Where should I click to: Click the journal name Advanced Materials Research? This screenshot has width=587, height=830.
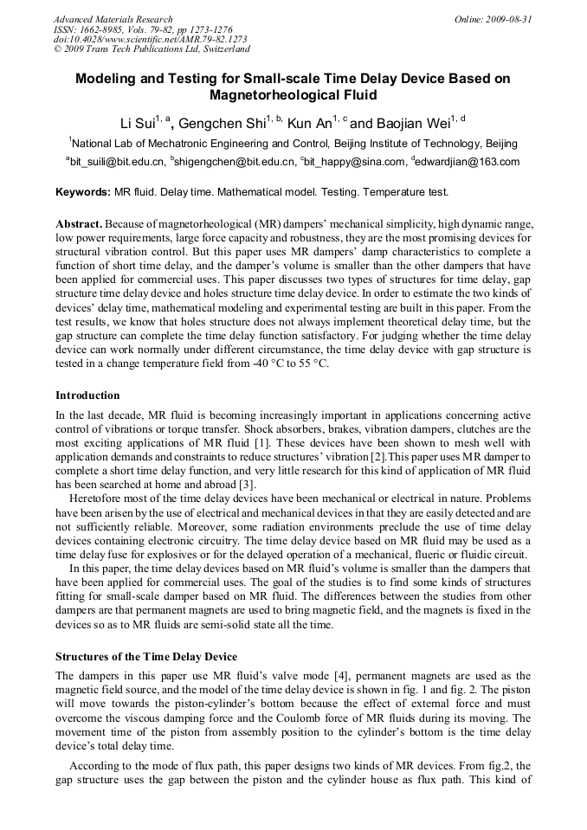pyautogui.click(x=113, y=19)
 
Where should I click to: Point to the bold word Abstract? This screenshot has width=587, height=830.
pyautogui.click(x=79, y=223)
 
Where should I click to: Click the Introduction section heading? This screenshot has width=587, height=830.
pyautogui.click(x=87, y=396)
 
